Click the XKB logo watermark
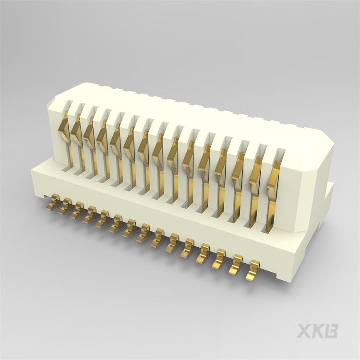coord(317,331)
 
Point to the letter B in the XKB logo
coord(331,331)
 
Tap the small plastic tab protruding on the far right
coord(329,194)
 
